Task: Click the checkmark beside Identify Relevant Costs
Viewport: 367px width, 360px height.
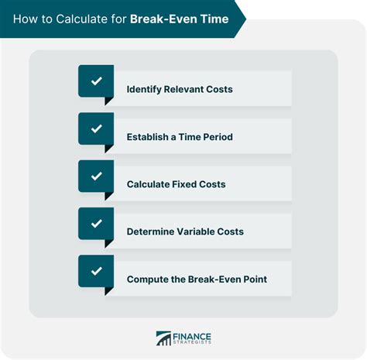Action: [x=97, y=81]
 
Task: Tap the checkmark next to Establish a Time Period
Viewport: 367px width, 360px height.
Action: [x=97, y=129]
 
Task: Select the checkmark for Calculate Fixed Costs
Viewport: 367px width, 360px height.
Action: [x=97, y=176]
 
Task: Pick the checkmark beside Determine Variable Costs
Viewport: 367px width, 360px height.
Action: [x=97, y=224]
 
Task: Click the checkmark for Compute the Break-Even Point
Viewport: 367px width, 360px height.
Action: [x=97, y=271]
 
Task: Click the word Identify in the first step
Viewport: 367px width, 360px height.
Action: [x=144, y=90]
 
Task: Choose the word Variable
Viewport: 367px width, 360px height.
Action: [x=197, y=231]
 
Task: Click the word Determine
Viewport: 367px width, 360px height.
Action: [x=151, y=231]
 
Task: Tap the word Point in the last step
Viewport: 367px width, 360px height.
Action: [x=256, y=279]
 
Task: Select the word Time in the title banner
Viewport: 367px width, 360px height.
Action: [x=214, y=19]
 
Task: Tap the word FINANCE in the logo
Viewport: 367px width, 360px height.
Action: [x=192, y=337]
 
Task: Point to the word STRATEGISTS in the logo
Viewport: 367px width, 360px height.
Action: [x=192, y=342]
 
